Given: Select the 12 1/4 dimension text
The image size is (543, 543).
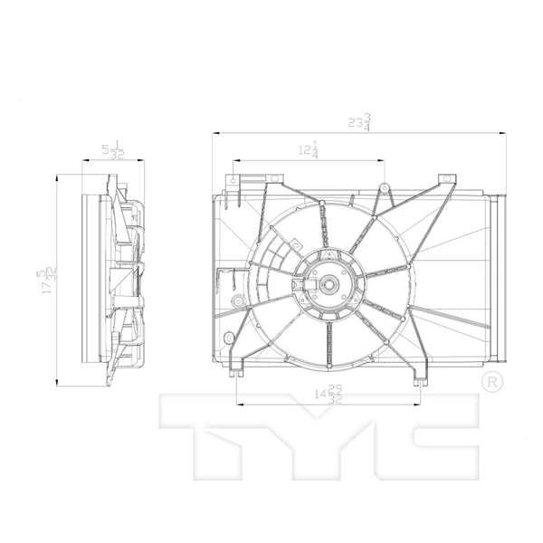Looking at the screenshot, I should coord(309,151).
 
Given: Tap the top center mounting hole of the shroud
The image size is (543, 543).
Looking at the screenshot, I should coord(384,188).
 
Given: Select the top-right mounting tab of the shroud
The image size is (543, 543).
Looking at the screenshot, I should coord(444,179).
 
